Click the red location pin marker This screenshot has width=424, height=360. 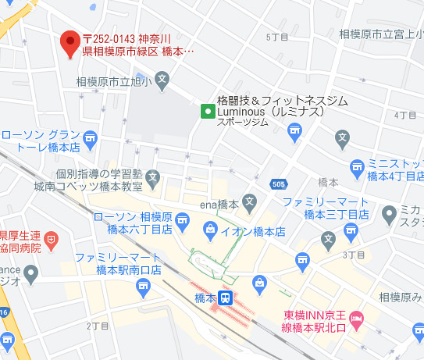[71, 41]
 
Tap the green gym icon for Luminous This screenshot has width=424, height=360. [207, 111]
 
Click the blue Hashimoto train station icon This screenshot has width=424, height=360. [225, 298]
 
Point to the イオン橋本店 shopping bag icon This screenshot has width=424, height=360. [210, 228]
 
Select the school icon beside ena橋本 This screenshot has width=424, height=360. [250, 203]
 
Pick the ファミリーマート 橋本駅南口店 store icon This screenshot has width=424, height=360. [143, 287]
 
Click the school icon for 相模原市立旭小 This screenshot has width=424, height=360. [162, 80]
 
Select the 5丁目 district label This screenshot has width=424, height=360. [277, 37]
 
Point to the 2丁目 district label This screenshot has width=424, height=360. [98, 324]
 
